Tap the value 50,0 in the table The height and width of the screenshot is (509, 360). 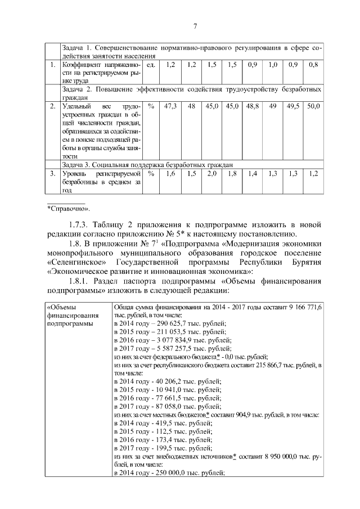tap(313, 106)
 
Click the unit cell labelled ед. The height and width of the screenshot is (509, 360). tap(150, 65)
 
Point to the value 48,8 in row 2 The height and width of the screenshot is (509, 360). tap(253, 106)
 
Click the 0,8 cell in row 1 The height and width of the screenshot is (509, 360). tap(313, 65)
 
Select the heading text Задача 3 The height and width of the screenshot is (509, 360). tap(78, 164)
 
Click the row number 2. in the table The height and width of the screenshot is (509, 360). tap(52, 106)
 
